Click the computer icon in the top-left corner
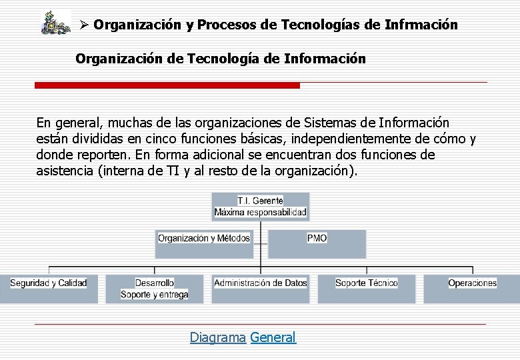[x=55, y=23]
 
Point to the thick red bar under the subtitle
[x=167, y=85]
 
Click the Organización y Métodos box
[x=204, y=243]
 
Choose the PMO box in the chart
[x=317, y=243]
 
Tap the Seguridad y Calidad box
[x=49, y=288]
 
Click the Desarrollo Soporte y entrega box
[x=155, y=288]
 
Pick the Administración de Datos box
[x=261, y=288]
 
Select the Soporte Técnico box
[x=367, y=288]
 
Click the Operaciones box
[x=472, y=288]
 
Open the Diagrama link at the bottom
[x=217, y=337]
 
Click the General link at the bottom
[x=273, y=337]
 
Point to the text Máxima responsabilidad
[x=261, y=213]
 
